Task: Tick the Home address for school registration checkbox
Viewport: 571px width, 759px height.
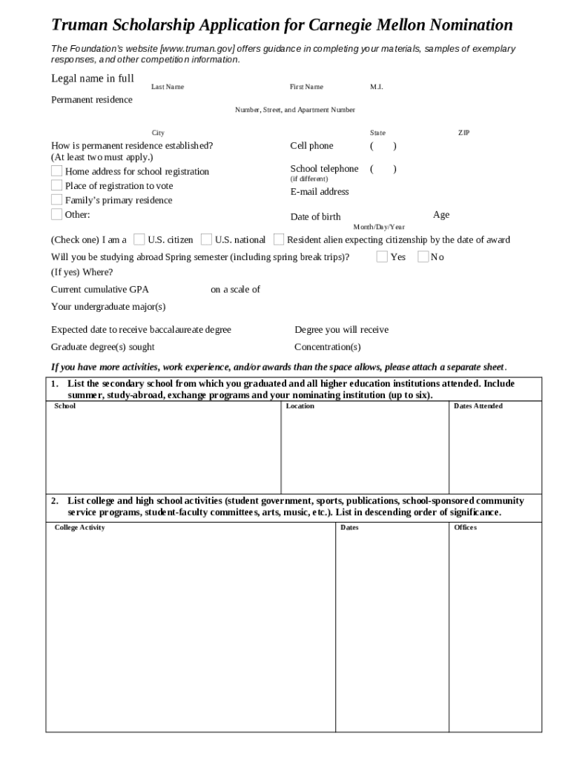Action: (x=57, y=171)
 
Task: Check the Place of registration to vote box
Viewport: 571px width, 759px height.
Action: (x=57, y=185)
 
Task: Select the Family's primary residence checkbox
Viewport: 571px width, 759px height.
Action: (x=57, y=200)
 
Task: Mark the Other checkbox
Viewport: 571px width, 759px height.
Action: (x=57, y=214)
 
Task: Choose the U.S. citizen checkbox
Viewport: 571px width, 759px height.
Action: (x=139, y=239)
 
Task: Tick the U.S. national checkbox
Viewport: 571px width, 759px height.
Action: (x=206, y=239)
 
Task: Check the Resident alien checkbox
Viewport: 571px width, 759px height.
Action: (x=279, y=239)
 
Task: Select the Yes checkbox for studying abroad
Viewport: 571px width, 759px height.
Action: (x=382, y=256)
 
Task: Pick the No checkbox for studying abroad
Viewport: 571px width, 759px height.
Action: (x=423, y=256)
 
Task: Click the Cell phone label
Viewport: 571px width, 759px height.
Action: (x=311, y=146)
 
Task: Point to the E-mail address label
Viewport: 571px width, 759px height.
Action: (x=320, y=192)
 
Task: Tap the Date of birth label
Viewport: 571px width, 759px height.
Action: (x=316, y=217)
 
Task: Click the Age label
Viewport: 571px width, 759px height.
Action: (x=441, y=215)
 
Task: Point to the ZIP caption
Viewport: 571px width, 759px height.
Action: (x=464, y=133)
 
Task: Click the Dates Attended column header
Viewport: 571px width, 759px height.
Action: (x=478, y=406)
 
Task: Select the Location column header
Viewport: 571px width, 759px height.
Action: (x=300, y=406)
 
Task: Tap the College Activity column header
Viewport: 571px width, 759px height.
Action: (x=80, y=528)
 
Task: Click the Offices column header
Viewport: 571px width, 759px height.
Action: (x=466, y=528)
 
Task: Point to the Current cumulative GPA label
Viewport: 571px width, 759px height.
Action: (x=100, y=290)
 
